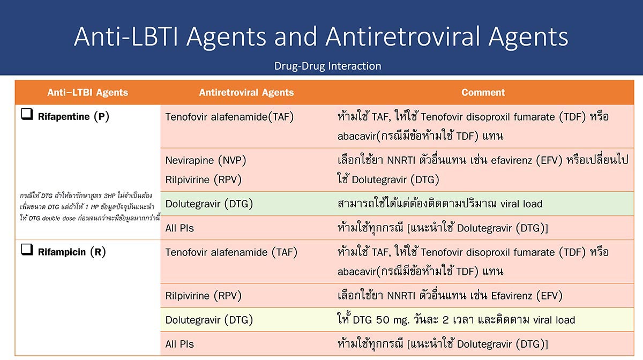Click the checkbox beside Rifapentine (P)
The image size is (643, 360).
27,114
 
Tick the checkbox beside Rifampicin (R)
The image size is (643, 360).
27,250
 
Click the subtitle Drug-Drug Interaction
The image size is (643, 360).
327,66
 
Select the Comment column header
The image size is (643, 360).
483,93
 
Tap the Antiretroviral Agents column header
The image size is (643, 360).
246,93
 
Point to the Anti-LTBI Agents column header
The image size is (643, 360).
87,93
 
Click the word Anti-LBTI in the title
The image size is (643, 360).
126,36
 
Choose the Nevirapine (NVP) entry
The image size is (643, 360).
206,160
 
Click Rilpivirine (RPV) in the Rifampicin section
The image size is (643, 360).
203,296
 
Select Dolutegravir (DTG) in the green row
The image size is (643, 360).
209,204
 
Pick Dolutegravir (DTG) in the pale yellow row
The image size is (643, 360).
209,320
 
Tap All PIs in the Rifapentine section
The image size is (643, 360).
180,228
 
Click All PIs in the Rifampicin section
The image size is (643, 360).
180,344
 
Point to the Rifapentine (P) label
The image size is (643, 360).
73,117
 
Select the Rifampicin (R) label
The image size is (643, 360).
72,252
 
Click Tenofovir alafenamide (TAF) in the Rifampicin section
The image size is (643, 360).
231,253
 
